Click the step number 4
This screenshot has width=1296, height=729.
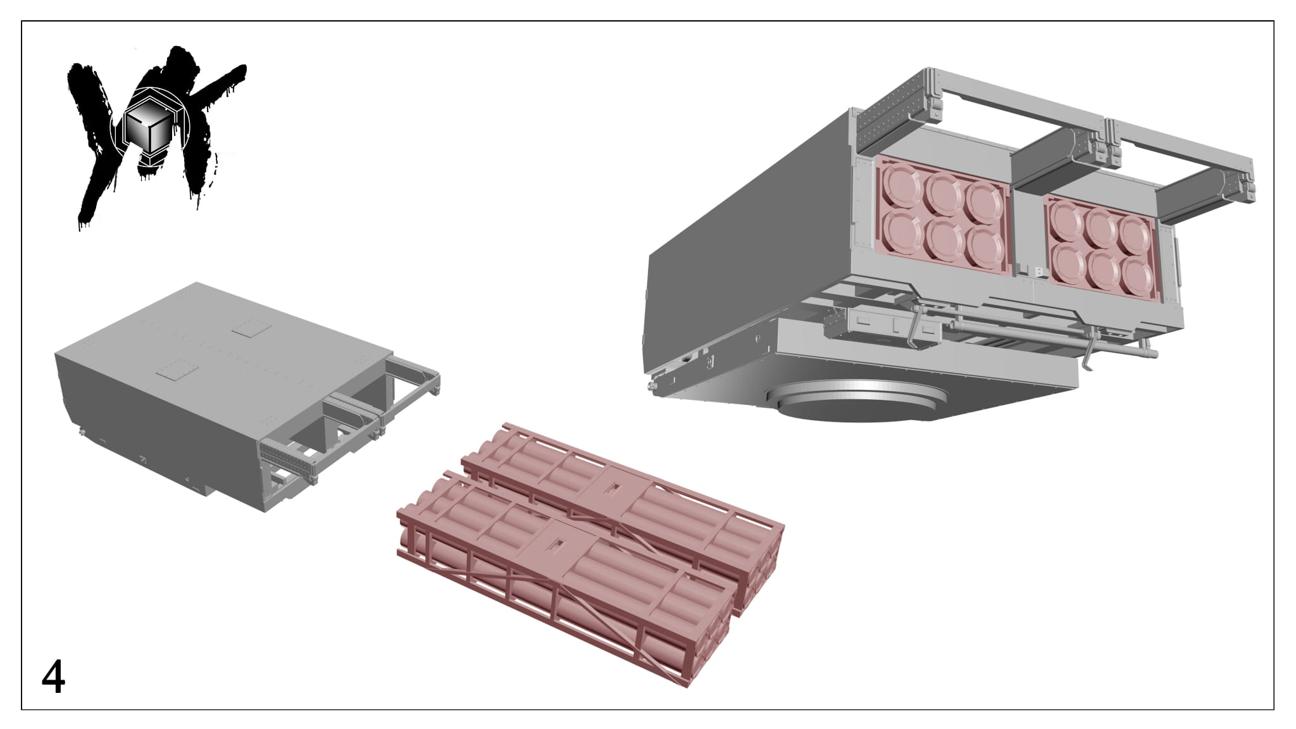[53, 678]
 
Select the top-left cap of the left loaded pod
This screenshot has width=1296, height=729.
[901, 183]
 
